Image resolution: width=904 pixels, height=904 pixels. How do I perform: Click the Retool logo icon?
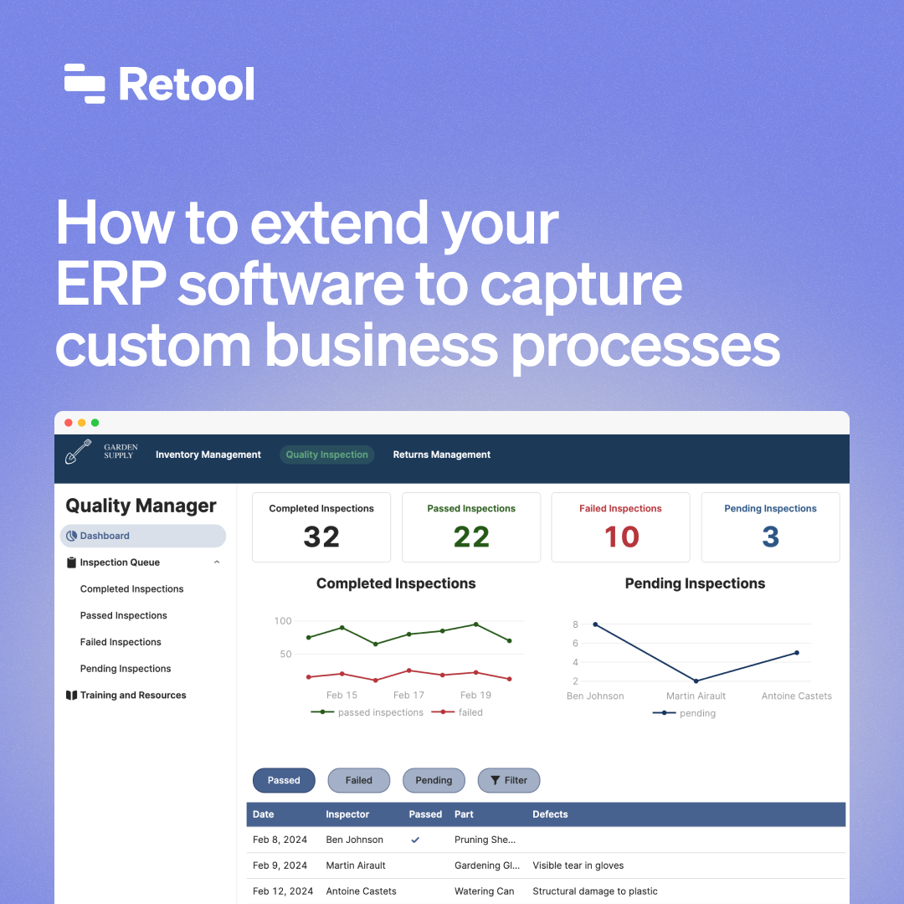[85, 84]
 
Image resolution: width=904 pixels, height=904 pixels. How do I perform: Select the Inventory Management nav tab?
[208, 455]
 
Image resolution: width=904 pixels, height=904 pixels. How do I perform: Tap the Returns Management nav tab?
[442, 455]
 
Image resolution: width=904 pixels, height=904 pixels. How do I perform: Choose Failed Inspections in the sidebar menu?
[121, 642]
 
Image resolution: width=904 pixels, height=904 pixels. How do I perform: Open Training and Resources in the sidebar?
[132, 696]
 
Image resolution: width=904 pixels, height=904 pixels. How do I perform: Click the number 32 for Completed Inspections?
[321, 537]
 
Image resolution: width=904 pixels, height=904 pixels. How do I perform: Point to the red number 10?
[621, 537]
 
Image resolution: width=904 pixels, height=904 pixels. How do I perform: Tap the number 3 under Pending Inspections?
[770, 537]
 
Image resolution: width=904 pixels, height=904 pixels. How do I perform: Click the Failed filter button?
[358, 780]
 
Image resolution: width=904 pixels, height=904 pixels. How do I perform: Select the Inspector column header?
[347, 814]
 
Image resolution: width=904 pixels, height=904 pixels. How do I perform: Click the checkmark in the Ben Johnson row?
[415, 840]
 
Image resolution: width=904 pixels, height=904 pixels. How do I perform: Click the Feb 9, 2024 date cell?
[280, 865]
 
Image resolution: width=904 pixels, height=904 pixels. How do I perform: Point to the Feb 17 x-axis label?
[408, 695]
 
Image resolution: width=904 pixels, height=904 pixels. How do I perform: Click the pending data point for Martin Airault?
[696, 681]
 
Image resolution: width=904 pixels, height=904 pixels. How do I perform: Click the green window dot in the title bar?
[95, 423]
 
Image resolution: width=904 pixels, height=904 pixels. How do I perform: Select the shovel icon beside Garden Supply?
[79, 452]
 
